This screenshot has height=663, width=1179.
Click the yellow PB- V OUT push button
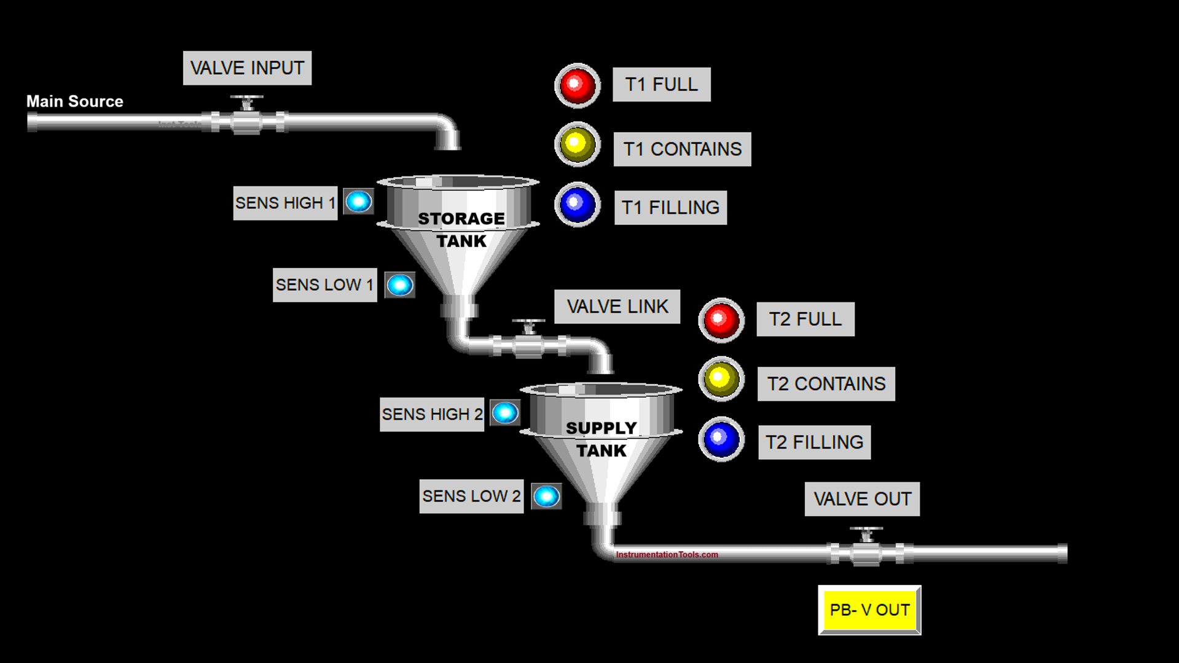pyautogui.click(x=869, y=610)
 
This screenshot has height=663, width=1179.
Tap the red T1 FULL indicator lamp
pyautogui.click(x=577, y=85)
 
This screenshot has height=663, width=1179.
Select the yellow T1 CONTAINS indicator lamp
pyautogui.click(x=577, y=144)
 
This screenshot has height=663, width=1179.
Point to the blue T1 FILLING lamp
pyautogui.click(x=577, y=205)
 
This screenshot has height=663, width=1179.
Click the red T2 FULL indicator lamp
pyautogui.click(x=721, y=320)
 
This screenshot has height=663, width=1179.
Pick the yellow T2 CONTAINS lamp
pyautogui.click(x=721, y=379)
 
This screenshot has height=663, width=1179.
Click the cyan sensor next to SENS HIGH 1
pyautogui.click(x=359, y=202)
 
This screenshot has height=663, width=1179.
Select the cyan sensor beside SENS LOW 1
pyautogui.click(x=400, y=285)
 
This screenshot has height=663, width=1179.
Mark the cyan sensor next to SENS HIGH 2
pyautogui.click(x=505, y=413)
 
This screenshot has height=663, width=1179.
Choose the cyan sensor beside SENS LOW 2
pyautogui.click(x=546, y=496)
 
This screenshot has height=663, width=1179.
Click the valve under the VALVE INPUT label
pyautogui.click(x=247, y=117)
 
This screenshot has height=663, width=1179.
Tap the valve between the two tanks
pyautogui.click(x=529, y=341)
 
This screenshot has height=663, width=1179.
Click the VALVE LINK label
pyautogui.click(x=617, y=307)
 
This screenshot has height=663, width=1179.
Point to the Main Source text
pyautogui.click(x=74, y=101)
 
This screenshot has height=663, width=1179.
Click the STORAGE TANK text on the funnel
pyautogui.click(x=461, y=229)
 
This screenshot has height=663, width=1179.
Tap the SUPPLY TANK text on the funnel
pyautogui.click(x=601, y=439)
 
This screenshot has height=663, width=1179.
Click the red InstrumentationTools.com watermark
pyautogui.click(x=667, y=554)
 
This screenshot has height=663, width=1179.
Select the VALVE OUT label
pyautogui.click(x=862, y=499)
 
